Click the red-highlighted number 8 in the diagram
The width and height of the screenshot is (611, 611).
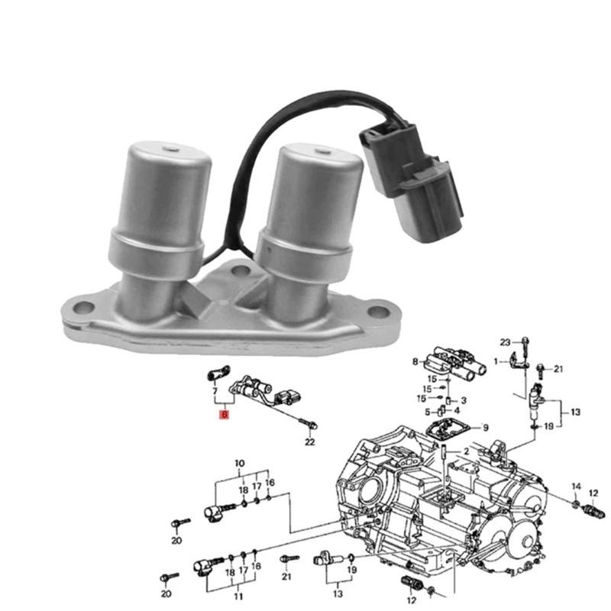(x=223, y=415)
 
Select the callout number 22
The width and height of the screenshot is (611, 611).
(x=309, y=441)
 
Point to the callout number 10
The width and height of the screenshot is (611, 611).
(x=239, y=464)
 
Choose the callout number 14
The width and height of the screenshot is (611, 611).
(x=577, y=487)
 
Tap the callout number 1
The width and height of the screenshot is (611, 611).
(x=495, y=360)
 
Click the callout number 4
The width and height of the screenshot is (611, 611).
(x=457, y=412)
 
